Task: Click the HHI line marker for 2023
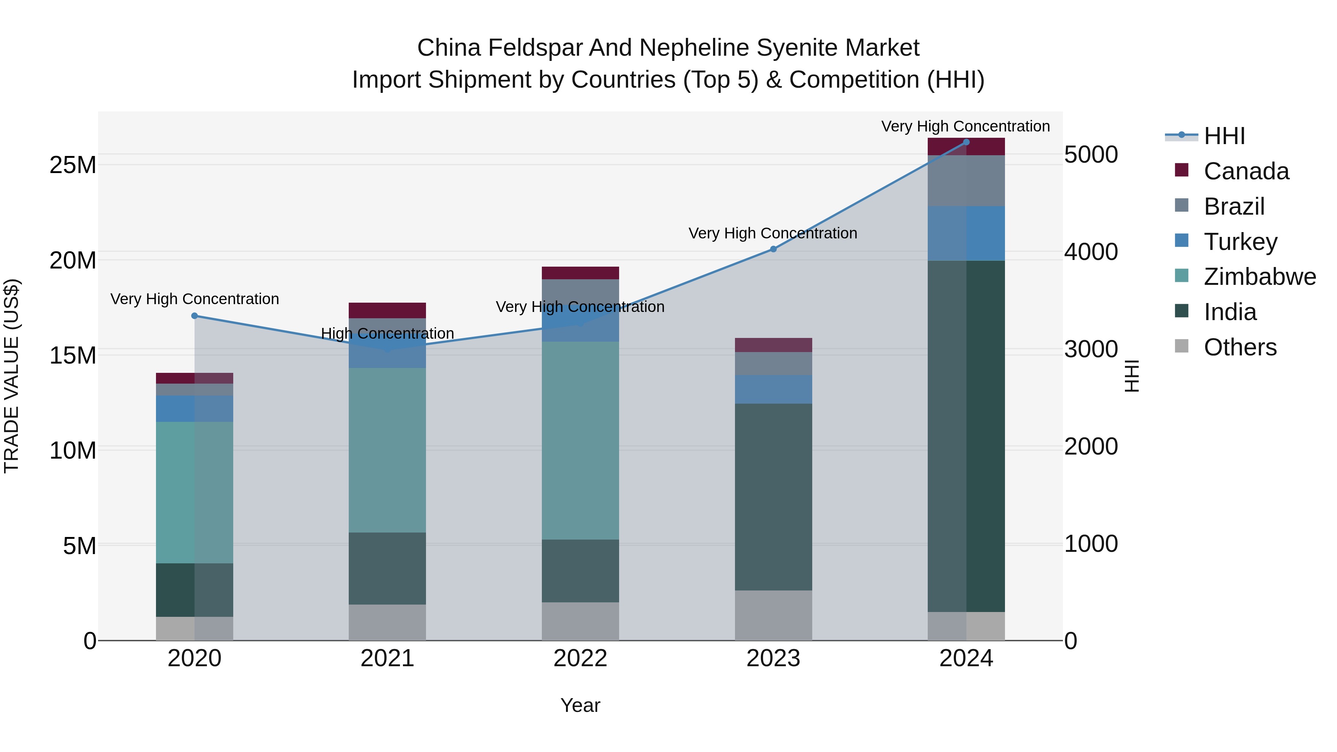click(773, 249)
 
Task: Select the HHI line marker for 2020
click(195, 316)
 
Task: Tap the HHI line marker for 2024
click(966, 142)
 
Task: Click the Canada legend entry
click(1246, 171)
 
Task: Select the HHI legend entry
click(1224, 136)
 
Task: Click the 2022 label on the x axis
click(580, 658)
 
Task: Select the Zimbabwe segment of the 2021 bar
click(387, 450)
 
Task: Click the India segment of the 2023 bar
click(773, 497)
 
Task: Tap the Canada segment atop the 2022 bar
click(580, 273)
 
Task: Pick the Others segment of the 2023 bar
click(773, 615)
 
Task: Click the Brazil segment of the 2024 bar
click(966, 180)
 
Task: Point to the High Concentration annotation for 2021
click(387, 333)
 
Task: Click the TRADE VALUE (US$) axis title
click(12, 376)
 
